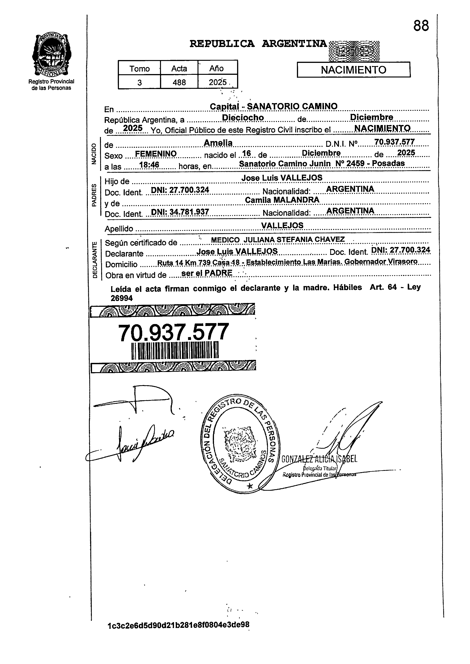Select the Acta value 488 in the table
click(x=179, y=83)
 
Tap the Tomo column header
click(x=140, y=69)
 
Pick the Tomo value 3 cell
click(x=140, y=83)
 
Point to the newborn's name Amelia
click(x=218, y=143)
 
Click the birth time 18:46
click(x=149, y=165)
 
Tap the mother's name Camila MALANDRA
click(x=282, y=200)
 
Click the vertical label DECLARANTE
click(x=95, y=260)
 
